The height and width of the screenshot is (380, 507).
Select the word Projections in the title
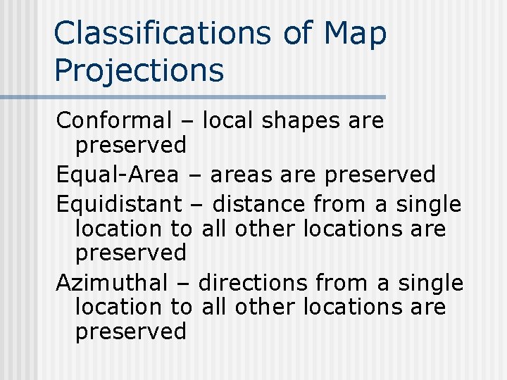tap(139, 70)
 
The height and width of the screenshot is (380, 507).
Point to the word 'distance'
tap(258, 205)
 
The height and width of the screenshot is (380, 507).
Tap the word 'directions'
tap(253, 283)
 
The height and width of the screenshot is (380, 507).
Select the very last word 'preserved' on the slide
tap(130, 331)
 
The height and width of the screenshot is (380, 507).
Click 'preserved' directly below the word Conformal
tap(130, 146)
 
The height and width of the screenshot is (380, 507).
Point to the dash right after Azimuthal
tap(183, 284)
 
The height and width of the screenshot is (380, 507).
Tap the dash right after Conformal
tap(187, 122)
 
